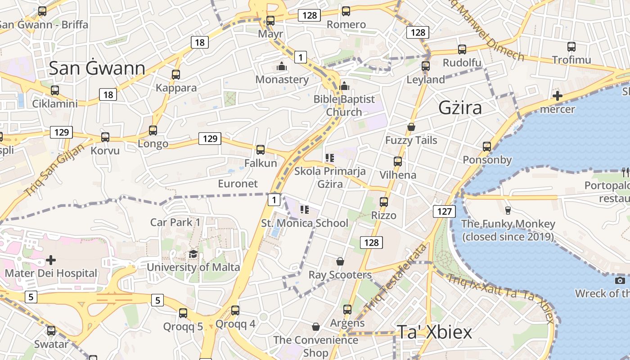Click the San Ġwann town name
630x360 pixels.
coord(97,68)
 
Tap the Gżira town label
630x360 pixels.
coord(460,108)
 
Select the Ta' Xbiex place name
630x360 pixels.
coord(434,332)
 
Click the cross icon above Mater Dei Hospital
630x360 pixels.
coord(51,260)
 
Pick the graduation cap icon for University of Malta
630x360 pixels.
coord(193,254)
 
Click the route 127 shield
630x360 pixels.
coord(444,211)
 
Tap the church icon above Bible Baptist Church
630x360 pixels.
coord(344,86)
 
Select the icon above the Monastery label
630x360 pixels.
coord(282,67)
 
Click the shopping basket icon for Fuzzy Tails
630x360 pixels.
coord(411,127)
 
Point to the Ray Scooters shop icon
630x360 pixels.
coord(340,261)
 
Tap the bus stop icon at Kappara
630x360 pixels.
coord(176,75)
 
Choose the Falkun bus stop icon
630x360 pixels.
coord(260,150)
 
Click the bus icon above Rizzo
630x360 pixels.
coord(384,202)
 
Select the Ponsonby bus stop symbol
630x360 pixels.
coord(487,147)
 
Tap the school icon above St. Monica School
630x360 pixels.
coord(305,209)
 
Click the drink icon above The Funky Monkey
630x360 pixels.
coord(508,210)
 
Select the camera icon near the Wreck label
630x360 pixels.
coord(620,281)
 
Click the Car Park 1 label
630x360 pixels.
coord(175,222)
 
